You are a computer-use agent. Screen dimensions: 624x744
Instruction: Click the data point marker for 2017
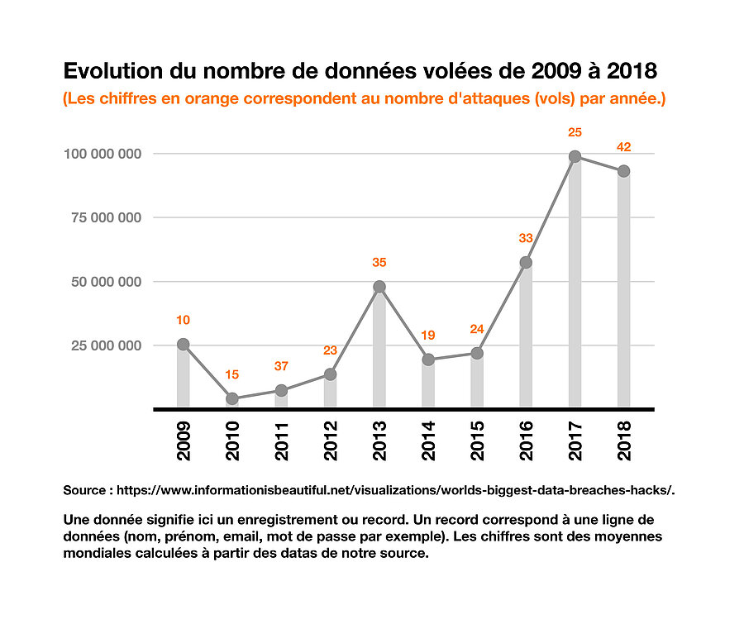pos(575,156)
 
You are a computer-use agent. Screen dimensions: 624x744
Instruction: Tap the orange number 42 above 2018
pos(624,147)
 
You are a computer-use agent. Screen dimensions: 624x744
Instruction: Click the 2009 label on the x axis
pos(184,441)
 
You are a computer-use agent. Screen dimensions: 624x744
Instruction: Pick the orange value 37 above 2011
pos(281,366)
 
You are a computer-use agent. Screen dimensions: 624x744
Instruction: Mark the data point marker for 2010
pos(232,398)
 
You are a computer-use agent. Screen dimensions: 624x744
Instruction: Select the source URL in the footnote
pos(396,490)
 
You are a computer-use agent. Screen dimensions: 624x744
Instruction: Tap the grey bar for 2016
pos(526,339)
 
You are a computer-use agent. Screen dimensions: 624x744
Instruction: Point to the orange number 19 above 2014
pos(428,336)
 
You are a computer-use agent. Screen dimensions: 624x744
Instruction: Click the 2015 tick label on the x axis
pos(477,441)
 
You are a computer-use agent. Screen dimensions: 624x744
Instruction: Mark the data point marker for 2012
pos(330,374)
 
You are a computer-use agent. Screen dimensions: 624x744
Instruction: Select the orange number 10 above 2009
pos(184,320)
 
